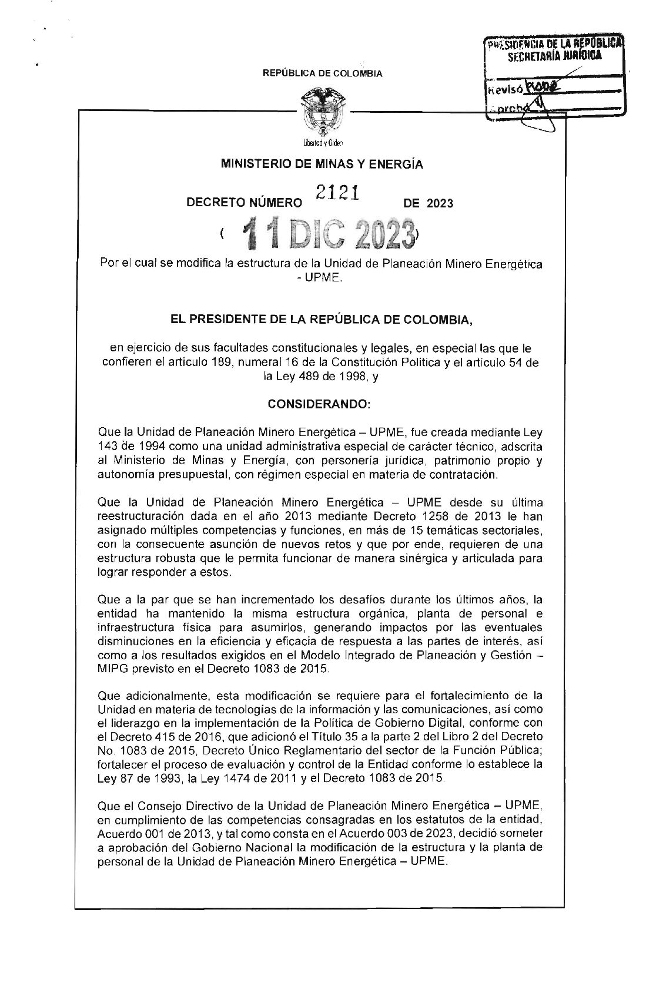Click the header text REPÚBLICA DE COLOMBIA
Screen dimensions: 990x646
pyautogui.click(x=323, y=73)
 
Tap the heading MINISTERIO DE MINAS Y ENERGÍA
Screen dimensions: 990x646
pyautogui.click(x=322, y=165)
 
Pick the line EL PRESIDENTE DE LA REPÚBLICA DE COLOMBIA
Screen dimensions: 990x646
pyautogui.click(x=322, y=320)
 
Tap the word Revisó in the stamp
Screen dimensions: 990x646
pyautogui.click(x=503, y=90)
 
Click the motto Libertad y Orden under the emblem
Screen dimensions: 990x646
pyautogui.click(x=322, y=143)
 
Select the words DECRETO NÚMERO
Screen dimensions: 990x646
pyautogui.click(x=243, y=203)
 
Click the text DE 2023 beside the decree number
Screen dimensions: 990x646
pyautogui.click(x=429, y=203)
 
